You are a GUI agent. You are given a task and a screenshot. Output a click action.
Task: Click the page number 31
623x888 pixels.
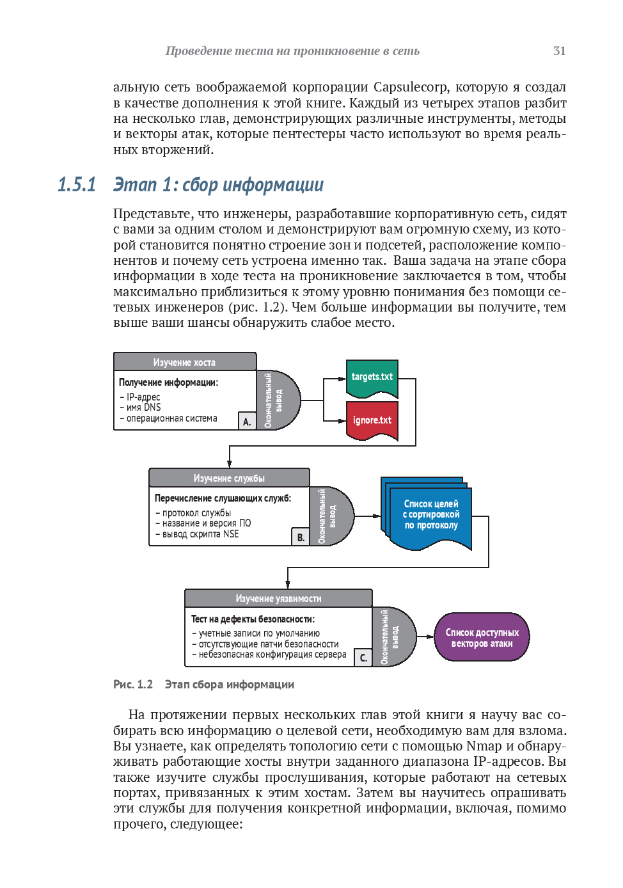[x=559, y=51]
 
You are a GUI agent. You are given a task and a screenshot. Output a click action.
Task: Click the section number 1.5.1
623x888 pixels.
[x=77, y=184]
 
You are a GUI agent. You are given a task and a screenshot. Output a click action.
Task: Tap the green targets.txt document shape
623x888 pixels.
[x=372, y=379]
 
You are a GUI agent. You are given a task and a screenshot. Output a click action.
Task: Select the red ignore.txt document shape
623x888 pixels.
[x=372, y=420]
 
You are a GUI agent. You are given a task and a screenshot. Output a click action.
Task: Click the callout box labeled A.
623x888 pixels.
[x=247, y=421]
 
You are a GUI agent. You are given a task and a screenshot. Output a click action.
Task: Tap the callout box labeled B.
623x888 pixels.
[x=301, y=537]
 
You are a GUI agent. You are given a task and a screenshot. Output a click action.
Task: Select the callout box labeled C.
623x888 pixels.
[x=363, y=658]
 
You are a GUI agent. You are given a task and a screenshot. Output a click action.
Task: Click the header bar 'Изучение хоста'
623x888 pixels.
[x=185, y=362]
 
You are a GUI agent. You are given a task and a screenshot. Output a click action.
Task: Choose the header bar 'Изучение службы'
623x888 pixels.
[x=229, y=478]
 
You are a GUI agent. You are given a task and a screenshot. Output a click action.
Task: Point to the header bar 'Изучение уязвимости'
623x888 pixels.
[x=278, y=598]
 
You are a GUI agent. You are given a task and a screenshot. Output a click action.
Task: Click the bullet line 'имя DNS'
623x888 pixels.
[x=140, y=408]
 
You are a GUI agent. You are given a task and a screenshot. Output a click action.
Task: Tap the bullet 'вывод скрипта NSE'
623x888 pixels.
[x=197, y=534]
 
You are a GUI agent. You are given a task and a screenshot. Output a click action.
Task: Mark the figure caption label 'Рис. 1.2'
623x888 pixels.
[x=133, y=685]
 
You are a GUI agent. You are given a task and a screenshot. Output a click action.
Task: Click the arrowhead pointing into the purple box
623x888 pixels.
[x=430, y=637]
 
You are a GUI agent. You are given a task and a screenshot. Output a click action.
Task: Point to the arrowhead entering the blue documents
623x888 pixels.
[x=377, y=516]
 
